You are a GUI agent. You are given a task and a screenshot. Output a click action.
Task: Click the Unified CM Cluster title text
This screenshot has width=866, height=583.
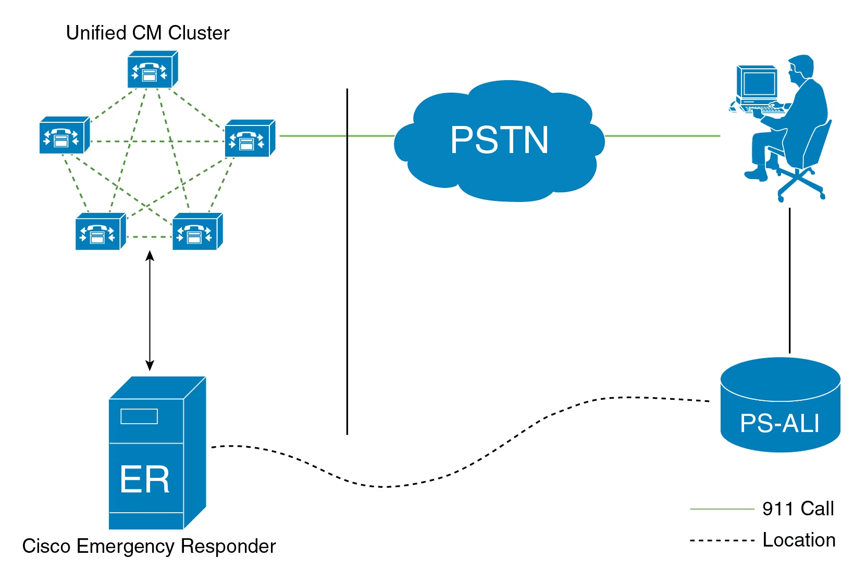147,33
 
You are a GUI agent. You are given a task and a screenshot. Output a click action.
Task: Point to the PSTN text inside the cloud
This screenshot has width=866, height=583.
499,140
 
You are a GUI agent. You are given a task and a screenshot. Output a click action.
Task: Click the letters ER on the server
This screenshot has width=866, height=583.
144,479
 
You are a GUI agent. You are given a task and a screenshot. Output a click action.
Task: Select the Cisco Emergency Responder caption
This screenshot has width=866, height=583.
149,546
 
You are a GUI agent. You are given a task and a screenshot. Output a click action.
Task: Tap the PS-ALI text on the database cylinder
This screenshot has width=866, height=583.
780,423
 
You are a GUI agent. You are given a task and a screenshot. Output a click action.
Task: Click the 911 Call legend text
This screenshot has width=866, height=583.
798,509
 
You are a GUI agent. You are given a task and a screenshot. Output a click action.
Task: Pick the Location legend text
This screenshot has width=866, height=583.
799,540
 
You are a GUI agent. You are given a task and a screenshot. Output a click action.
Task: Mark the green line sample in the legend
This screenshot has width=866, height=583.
721,509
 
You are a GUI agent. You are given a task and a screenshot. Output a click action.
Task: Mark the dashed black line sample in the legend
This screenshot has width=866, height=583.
721,541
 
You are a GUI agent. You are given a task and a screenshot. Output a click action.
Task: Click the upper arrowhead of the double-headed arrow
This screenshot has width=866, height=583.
150,256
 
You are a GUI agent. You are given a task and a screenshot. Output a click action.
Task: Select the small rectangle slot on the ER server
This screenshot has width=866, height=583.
139,416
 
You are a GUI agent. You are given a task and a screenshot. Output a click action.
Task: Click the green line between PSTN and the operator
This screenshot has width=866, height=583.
662,136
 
